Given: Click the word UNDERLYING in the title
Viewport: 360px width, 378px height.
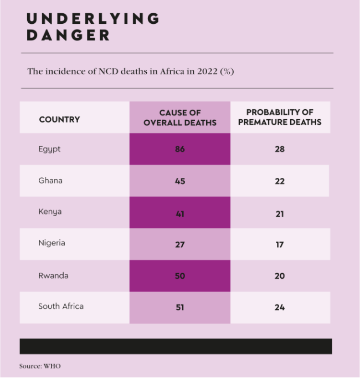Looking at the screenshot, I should [x=93, y=18].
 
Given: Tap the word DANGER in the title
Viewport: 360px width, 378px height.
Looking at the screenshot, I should [x=68, y=35].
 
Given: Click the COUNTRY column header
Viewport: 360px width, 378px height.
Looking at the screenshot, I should [x=59, y=119].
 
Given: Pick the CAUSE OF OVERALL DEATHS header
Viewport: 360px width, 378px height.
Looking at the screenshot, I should [x=180, y=118].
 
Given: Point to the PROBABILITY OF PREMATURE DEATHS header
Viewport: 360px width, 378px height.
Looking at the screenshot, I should [x=280, y=118].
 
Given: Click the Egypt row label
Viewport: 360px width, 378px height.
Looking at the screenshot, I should [x=49, y=149].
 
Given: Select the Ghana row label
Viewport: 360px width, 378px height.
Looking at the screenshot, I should [x=50, y=181].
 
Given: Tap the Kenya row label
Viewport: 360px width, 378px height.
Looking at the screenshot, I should [x=50, y=212].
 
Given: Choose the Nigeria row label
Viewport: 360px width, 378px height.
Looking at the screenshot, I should [x=52, y=243].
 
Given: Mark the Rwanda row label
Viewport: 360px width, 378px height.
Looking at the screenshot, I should [x=53, y=275].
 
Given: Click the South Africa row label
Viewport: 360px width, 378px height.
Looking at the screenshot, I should [x=61, y=306].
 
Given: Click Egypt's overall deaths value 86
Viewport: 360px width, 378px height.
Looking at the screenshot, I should [x=179, y=149].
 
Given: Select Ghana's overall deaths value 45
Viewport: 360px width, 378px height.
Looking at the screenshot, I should [x=179, y=181].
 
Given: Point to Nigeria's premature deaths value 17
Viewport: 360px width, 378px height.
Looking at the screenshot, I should [x=280, y=244].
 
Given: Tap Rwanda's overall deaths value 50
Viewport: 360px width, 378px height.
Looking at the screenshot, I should [x=179, y=275].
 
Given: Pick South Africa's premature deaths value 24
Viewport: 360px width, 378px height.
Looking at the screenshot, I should [x=280, y=307].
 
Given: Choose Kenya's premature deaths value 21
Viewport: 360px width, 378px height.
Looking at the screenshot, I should [x=280, y=213].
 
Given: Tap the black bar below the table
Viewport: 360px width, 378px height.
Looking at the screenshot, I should [x=176, y=346].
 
